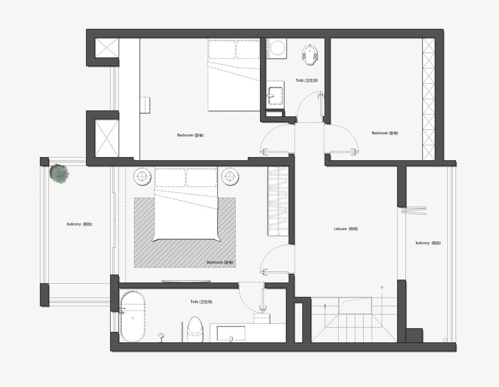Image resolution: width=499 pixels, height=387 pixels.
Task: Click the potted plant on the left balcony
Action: tap(59, 173)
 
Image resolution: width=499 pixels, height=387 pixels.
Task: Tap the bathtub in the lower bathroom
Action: tap(133, 317)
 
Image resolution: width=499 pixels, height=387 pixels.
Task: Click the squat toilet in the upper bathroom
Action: tap(311, 54)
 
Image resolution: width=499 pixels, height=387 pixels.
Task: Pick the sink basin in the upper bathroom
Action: tap(275, 95)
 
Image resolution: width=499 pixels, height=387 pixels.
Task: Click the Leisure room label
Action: tap(346, 229)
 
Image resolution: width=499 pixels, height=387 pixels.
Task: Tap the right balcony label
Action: tap(428, 243)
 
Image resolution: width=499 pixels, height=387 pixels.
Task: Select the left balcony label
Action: tap(79, 224)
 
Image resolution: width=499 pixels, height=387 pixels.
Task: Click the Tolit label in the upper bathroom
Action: tap(306, 80)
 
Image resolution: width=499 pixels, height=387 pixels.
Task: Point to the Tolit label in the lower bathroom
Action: tap(201, 302)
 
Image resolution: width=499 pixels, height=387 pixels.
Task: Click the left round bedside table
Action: tap(142, 177)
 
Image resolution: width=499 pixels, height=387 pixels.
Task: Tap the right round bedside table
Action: tap(230, 177)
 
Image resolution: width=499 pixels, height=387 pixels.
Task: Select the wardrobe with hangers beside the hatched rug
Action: tap(278, 201)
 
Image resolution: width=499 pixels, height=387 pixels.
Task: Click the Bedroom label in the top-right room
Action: tap(385, 133)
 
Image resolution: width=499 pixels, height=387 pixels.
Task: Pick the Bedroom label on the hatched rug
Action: tap(220, 262)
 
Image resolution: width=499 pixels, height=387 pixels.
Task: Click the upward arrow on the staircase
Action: tap(325, 309)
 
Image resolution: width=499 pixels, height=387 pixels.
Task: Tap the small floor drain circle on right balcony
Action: tap(445, 340)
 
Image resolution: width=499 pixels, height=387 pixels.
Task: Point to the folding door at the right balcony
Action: tap(414, 211)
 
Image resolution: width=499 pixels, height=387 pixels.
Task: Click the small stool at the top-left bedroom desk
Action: tap(145, 105)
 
